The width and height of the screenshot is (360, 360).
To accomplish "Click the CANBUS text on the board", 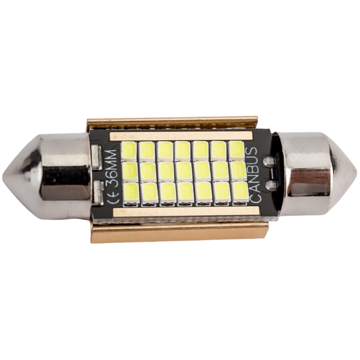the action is [x=254, y=175].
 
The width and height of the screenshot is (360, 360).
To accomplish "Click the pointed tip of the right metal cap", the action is [x=356, y=170].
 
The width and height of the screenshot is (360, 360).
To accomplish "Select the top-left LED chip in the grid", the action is [x=129, y=150].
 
